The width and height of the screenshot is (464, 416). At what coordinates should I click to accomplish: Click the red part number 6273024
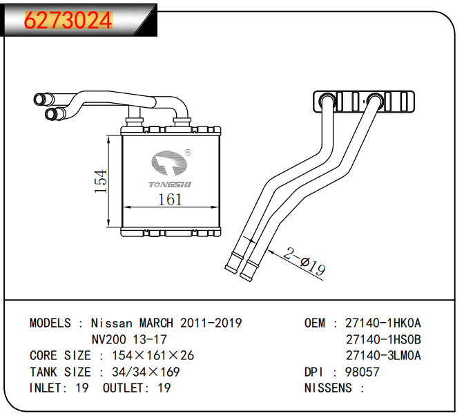[68, 21]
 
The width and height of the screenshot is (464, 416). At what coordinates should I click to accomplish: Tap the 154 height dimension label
[101, 182]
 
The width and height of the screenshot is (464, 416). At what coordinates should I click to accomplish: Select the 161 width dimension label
[170, 200]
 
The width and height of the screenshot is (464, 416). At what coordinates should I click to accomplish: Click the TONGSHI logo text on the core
[171, 183]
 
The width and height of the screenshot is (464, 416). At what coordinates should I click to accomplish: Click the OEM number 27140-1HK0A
[383, 323]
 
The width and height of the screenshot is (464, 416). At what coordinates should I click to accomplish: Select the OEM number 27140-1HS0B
[383, 339]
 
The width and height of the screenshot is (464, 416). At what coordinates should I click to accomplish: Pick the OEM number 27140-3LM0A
[383, 356]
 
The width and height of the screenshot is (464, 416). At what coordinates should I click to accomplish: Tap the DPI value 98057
[362, 372]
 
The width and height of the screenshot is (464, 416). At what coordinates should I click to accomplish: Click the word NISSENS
[328, 388]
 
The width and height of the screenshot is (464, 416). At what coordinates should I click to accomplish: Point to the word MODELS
[50, 323]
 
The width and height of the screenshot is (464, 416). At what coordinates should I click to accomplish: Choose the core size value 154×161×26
[148, 356]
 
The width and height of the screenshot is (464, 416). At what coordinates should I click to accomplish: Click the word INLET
[46, 388]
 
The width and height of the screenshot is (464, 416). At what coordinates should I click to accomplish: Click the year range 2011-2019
[211, 323]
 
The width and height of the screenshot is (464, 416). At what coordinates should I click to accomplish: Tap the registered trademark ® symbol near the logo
[188, 153]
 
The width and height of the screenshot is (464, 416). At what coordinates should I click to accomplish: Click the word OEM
[315, 323]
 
